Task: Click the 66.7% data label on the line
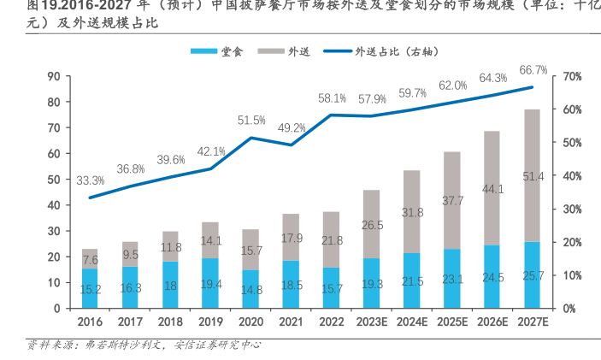(533, 70)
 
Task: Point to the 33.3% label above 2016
(90, 180)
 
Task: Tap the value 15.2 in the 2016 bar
(90, 290)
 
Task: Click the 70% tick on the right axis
(574, 77)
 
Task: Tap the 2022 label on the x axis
(331, 323)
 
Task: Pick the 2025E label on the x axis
(451, 323)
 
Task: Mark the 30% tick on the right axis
(574, 209)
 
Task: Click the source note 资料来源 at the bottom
(48, 345)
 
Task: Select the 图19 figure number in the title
(22, 8)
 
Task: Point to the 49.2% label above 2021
(292, 128)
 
